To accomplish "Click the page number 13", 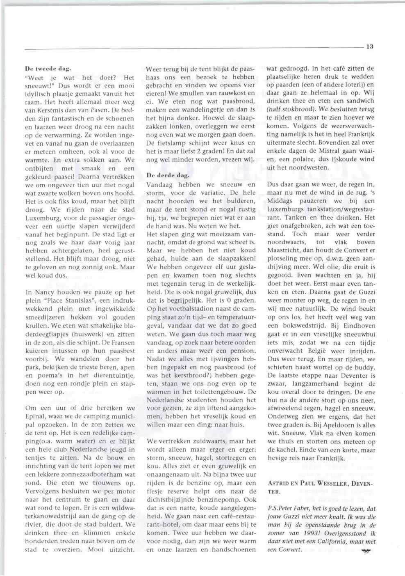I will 370,47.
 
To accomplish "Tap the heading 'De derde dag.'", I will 165,175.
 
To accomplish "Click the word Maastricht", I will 287,250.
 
